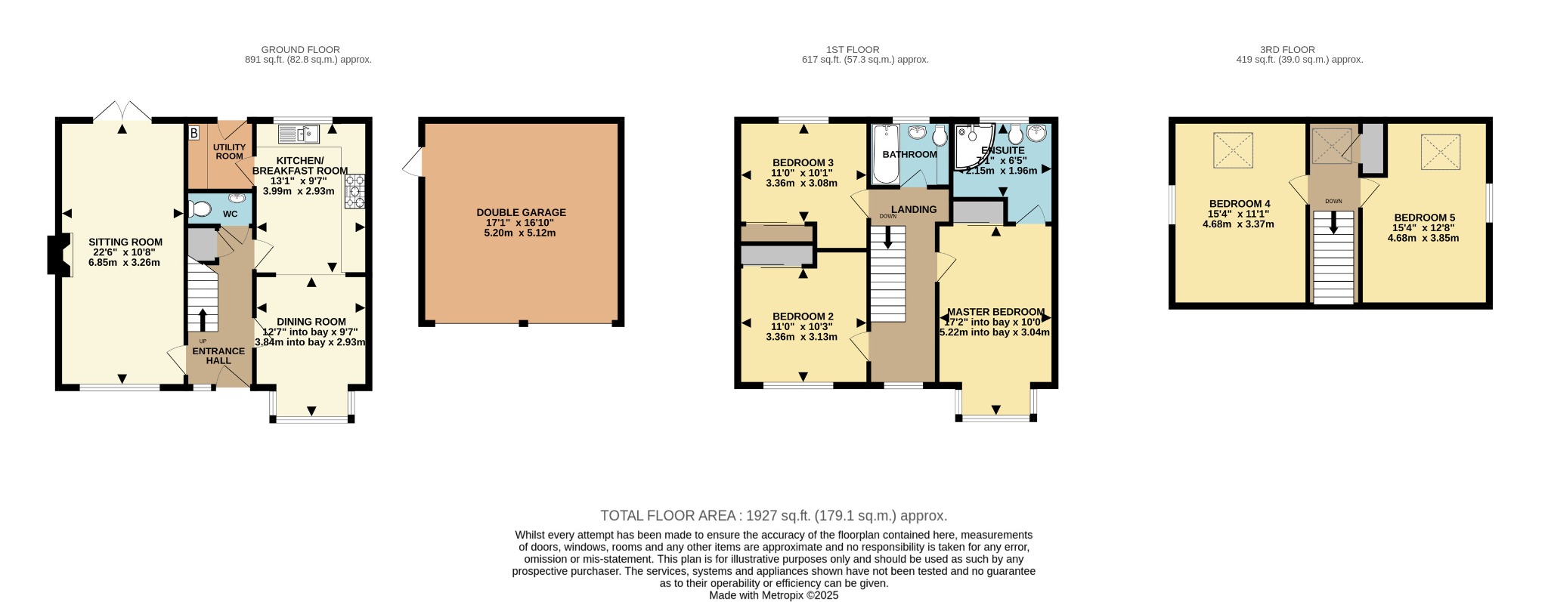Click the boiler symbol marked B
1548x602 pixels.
[x=193, y=134]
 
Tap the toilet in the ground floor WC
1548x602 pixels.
[x=199, y=208]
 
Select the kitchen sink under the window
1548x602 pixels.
[x=299, y=134]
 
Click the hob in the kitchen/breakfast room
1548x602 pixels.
[x=354, y=192]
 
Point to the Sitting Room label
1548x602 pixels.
[x=125, y=242]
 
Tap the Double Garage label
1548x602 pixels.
[x=521, y=213]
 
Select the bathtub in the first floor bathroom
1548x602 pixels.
[x=885, y=154]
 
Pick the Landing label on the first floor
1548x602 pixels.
[x=914, y=209]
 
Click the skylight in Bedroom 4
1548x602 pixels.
[x=1233, y=150]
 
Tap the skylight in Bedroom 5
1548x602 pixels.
[x=1441, y=152]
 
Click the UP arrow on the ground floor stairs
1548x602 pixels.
[x=202, y=320]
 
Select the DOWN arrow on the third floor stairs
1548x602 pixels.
[x=1333, y=222]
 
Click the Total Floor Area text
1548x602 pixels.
[x=773, y=516]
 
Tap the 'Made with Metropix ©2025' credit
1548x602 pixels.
[x=773, y=595]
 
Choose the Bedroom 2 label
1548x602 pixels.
[x=803, y=316]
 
